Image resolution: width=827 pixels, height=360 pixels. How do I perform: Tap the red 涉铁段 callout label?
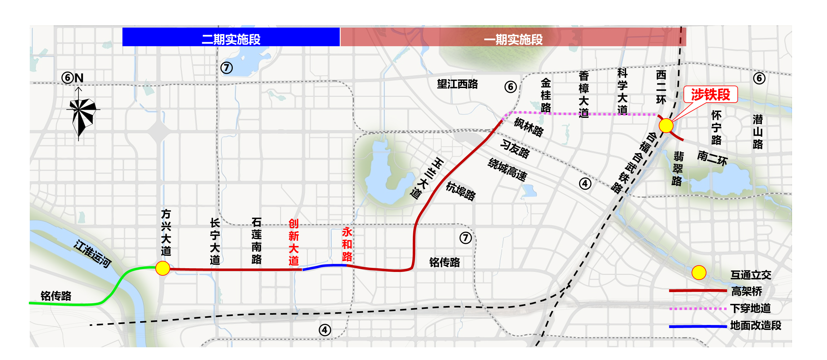(710, 94)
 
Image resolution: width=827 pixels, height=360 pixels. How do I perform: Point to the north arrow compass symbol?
(81, 114)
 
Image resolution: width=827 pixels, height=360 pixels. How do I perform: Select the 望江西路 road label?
(457, 84)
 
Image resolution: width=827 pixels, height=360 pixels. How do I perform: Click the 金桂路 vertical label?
(546, 95)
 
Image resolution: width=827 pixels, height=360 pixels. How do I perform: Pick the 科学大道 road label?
(622, 91)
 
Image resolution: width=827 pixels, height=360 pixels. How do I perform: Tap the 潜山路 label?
(758, 132)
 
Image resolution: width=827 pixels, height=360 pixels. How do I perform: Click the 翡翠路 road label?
(677, 169)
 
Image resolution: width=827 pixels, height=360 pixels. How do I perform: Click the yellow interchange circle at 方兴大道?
(163, 268)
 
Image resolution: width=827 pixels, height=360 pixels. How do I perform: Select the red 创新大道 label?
(294, 242)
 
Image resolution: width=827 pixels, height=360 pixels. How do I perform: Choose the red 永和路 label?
(347, 244)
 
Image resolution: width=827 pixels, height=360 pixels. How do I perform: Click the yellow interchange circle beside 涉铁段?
(666, 126)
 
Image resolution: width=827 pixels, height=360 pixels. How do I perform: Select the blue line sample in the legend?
(698, 326)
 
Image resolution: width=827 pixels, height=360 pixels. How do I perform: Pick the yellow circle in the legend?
(699, 273)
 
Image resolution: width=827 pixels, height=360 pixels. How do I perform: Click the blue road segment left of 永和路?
(324, 266)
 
